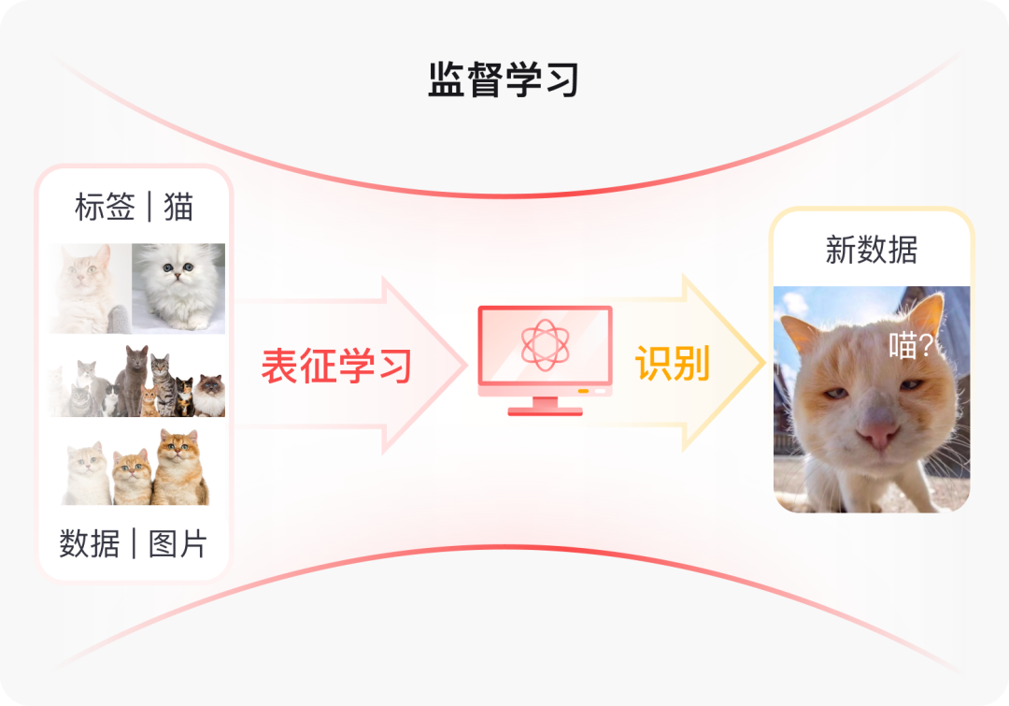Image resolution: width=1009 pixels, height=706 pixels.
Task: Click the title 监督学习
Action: (x=504, y=80)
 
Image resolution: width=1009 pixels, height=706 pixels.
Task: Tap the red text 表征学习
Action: (x=336, y=366)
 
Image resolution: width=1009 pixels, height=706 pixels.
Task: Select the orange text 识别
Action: (x=673, y=363)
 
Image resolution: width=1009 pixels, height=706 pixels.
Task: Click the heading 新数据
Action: (x=871, y=250)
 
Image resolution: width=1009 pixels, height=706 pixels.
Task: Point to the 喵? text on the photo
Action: (x=910, y=347)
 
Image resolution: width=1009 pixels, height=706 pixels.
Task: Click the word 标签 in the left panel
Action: (x=105, y=207)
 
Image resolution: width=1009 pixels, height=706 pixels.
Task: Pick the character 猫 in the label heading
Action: (x=178, y=207)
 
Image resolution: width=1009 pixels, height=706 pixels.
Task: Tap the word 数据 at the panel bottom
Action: (x=90, y=543)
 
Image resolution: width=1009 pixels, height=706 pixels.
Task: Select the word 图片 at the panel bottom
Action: (x=178, y=543)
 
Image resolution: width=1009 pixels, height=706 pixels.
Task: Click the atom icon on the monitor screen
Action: (x=545, y=344)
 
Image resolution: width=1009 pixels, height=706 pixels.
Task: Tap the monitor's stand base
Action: (x=545, y=411)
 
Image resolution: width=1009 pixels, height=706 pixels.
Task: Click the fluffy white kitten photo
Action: (x=178, y=287)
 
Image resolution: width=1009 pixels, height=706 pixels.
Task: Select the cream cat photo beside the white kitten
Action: (x=90, y=287)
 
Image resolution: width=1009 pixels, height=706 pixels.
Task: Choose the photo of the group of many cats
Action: (x=136, y=382)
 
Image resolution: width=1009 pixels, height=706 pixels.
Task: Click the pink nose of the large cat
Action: (x=878, y=432)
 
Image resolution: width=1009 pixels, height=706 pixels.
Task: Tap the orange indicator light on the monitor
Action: (x=583, y=390)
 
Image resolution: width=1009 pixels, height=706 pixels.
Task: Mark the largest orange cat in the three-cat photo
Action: (x=180, y=468)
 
